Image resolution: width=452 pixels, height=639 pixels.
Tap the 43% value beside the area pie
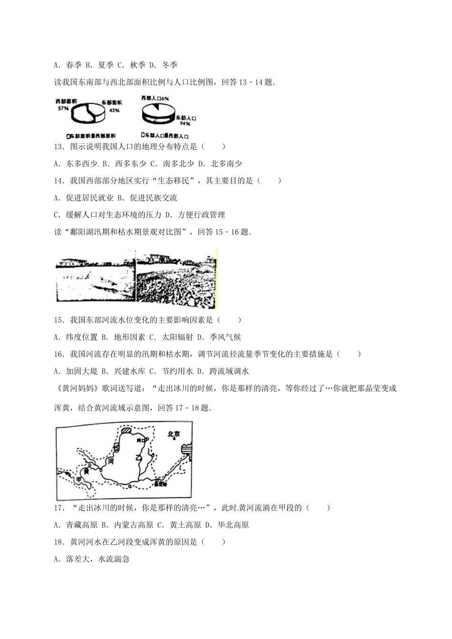[114, 110]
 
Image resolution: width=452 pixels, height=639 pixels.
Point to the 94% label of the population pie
[185, 123]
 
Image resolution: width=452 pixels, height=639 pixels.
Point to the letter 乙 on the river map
[139, 457]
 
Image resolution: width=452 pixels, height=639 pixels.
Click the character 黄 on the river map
[86, 472]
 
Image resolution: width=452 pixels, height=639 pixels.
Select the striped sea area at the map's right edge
[187, 449]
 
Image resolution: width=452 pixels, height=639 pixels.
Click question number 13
[59, 147]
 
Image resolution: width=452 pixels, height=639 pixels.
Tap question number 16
[59, 354]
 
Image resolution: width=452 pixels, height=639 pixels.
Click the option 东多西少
[82, 164]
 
